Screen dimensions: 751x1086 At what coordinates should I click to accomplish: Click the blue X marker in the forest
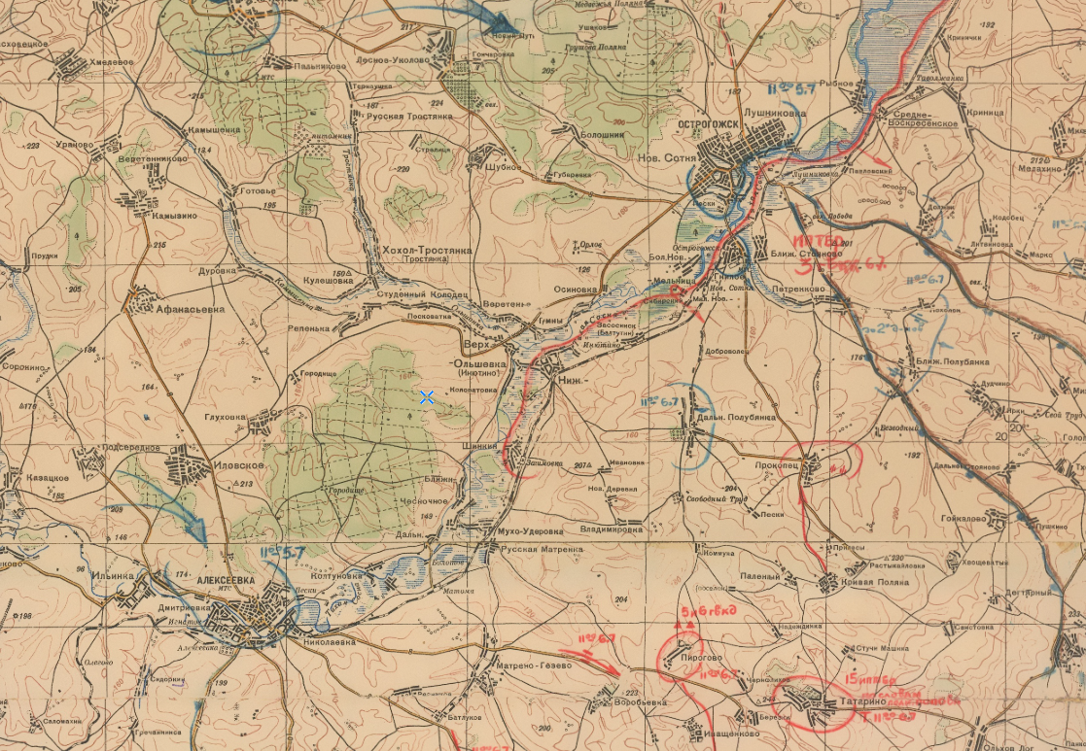(426, 396)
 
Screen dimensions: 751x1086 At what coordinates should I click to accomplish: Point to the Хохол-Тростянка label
(427, 251)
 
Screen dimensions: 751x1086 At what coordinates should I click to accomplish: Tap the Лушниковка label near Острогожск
(775, 113)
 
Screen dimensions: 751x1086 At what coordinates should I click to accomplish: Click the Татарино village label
(856, 700)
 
